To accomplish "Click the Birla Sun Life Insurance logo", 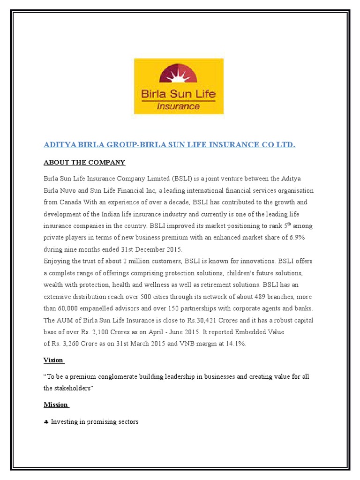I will click(x=179, y=86).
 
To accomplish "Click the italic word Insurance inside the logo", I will click(x=179, y=106).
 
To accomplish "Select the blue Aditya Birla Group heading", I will click(x=169, y=145).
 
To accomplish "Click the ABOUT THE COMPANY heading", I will click(x=84, y=162).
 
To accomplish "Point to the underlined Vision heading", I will click(x=53, y=360).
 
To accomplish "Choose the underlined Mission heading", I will click(x=56, y=405).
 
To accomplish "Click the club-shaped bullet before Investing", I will click(x=46, y=422).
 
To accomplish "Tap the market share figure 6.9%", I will click(x=297, y=238).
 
